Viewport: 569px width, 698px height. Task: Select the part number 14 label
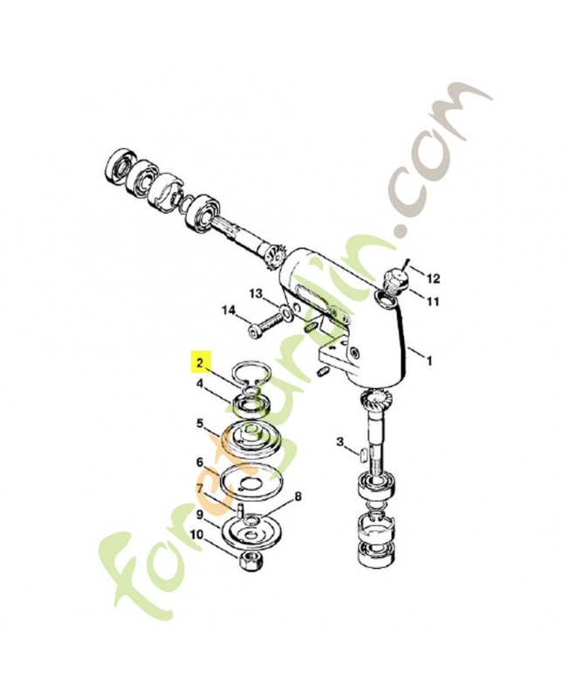pyautogui.click(x=229, y=310)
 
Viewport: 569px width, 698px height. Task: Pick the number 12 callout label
pyautogui.click(x=433, y=278)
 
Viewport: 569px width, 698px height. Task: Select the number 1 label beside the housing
pyautogui.click(x=427, y=357)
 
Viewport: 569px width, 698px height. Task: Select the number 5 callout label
pyautogui.click(x=200, y=425)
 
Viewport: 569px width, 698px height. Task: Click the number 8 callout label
pyautogui.click(x=298, y=496)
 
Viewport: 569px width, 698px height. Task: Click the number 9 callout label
pyautogui.click(x=200, y=515)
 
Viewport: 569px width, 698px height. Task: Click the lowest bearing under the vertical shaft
pyautogui.click(x=377, y=551)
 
